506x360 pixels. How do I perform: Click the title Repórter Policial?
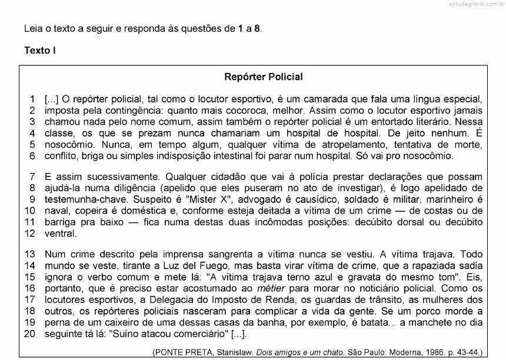point(264,76)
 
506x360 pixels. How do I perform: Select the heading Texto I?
point(40,50)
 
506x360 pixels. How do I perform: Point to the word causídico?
point(318,199)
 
